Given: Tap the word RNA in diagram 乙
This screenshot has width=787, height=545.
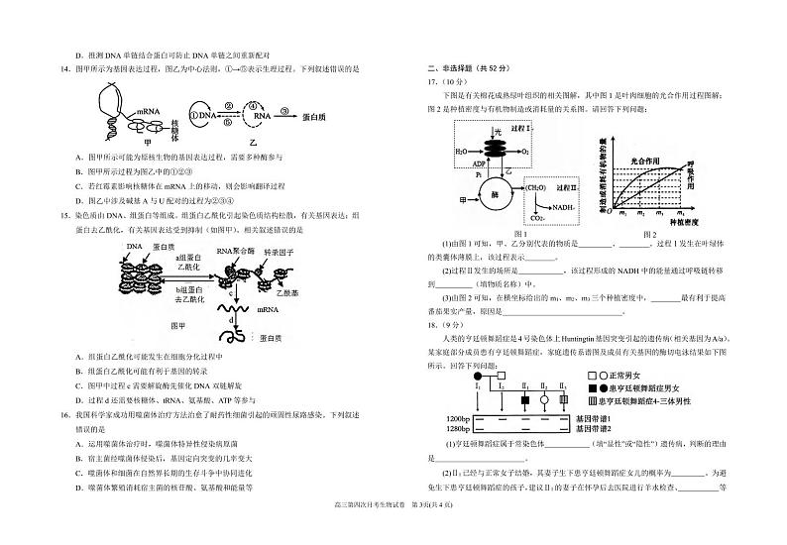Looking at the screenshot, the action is pos(260,117).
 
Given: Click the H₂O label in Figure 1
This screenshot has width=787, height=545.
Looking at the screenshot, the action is pos(463,153).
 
